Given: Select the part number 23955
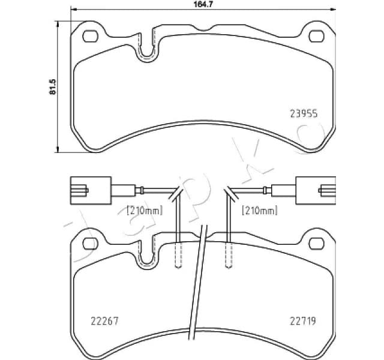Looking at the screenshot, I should (304, 112).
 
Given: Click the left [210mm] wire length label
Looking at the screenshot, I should (145, 210).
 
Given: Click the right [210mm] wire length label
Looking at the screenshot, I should (259, 210).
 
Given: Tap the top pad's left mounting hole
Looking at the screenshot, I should (89, 37).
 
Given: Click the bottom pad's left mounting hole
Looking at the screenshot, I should (89, 243).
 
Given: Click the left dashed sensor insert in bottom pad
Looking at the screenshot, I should (178, 256).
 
